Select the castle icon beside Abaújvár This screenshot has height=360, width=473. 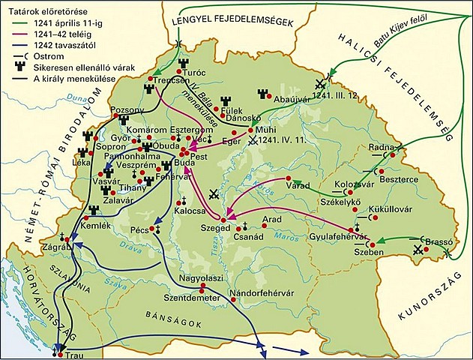tap(262, 94)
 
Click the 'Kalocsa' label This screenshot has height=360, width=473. tap(190, 212)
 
